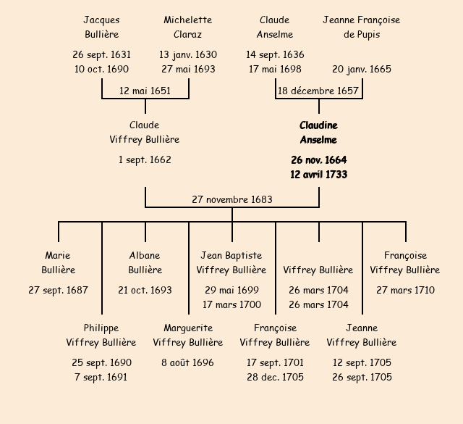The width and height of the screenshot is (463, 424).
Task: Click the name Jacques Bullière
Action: click(x=101, y=27)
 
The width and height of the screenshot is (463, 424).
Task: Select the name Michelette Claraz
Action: click(x=188, y=27)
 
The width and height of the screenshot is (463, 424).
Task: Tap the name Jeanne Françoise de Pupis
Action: click(x=361, y=27)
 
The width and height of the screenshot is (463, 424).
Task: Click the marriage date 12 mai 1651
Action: click(x=145, y=91)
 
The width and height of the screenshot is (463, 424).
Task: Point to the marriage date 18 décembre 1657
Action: click(x=318, y=91)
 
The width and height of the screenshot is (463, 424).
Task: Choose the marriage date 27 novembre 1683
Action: click(x=231, y=199)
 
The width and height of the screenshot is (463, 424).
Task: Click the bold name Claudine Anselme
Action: click(x=318, y=133)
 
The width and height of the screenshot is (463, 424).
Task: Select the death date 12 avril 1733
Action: click(x=318, y=174)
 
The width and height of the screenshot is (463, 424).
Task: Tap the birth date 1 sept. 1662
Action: click(x=145, y=159)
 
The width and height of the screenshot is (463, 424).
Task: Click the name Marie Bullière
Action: click(x=58, y=262)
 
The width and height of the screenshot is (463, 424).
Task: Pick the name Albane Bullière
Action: click(x=145, y=262)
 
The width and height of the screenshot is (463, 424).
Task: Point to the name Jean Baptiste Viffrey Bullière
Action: click(x=231, y=262)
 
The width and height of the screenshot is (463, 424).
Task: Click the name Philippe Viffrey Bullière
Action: click(x=101, y=335)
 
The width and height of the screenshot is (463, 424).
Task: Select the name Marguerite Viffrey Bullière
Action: click(x=188, y=335)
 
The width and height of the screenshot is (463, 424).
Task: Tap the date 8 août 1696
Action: click(x=188, y=362)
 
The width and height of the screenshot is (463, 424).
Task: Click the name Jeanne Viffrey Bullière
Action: click(x=362, y=335)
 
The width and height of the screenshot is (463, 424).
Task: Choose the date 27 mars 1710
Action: click(x=405, y=290)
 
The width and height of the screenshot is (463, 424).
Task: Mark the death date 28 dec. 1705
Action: click(x=275, y=377)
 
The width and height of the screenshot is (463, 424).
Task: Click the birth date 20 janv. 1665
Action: click(x=362, y=69)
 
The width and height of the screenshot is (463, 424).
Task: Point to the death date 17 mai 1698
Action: click(x=275, y=69)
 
